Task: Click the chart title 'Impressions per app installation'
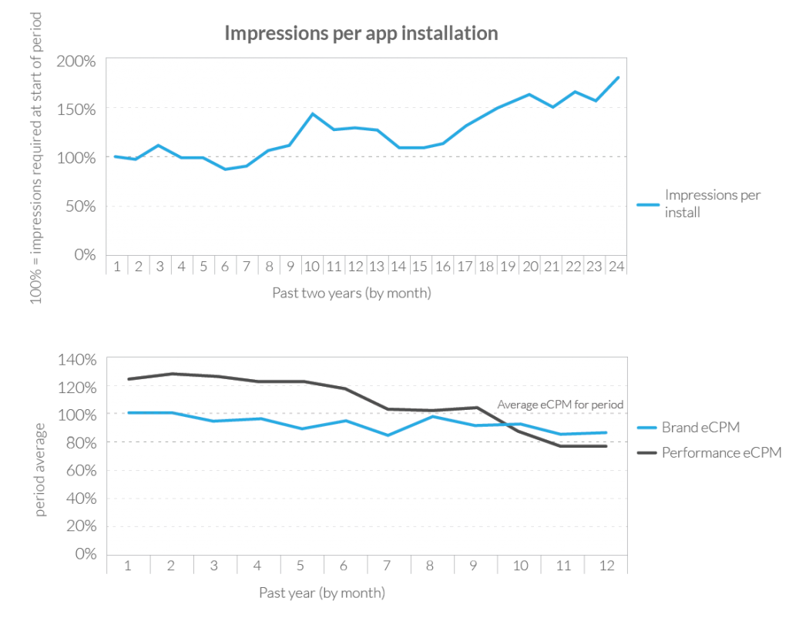click(361, 34)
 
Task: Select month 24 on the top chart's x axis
click(616, 266)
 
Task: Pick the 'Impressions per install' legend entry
click(712, 203)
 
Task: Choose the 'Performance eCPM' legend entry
click(721, 452)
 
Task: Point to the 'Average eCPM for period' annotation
click(559, 404)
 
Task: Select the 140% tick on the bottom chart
click(78, 360)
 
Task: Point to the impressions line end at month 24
click(618, 77)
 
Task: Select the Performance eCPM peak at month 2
click(171, 374)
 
